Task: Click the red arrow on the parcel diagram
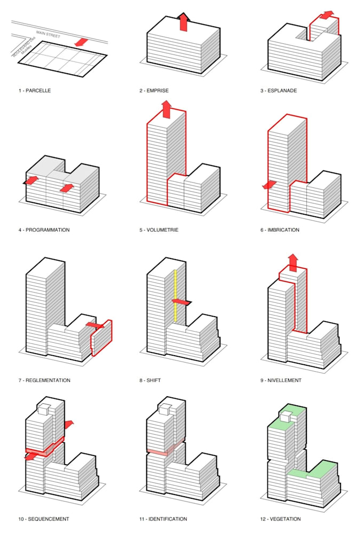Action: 81,42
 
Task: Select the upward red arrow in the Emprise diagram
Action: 183,22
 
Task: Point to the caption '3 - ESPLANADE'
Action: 279,91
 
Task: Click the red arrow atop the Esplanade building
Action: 327,14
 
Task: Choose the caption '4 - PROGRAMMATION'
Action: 44,230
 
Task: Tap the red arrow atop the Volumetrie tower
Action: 166,109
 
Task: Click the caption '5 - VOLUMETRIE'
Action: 159,230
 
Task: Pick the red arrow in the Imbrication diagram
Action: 270,185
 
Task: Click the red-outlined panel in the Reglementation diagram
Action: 101,338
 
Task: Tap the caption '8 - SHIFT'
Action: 150,381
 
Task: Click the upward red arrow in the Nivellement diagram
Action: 293,262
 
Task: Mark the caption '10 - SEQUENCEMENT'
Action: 44,519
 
